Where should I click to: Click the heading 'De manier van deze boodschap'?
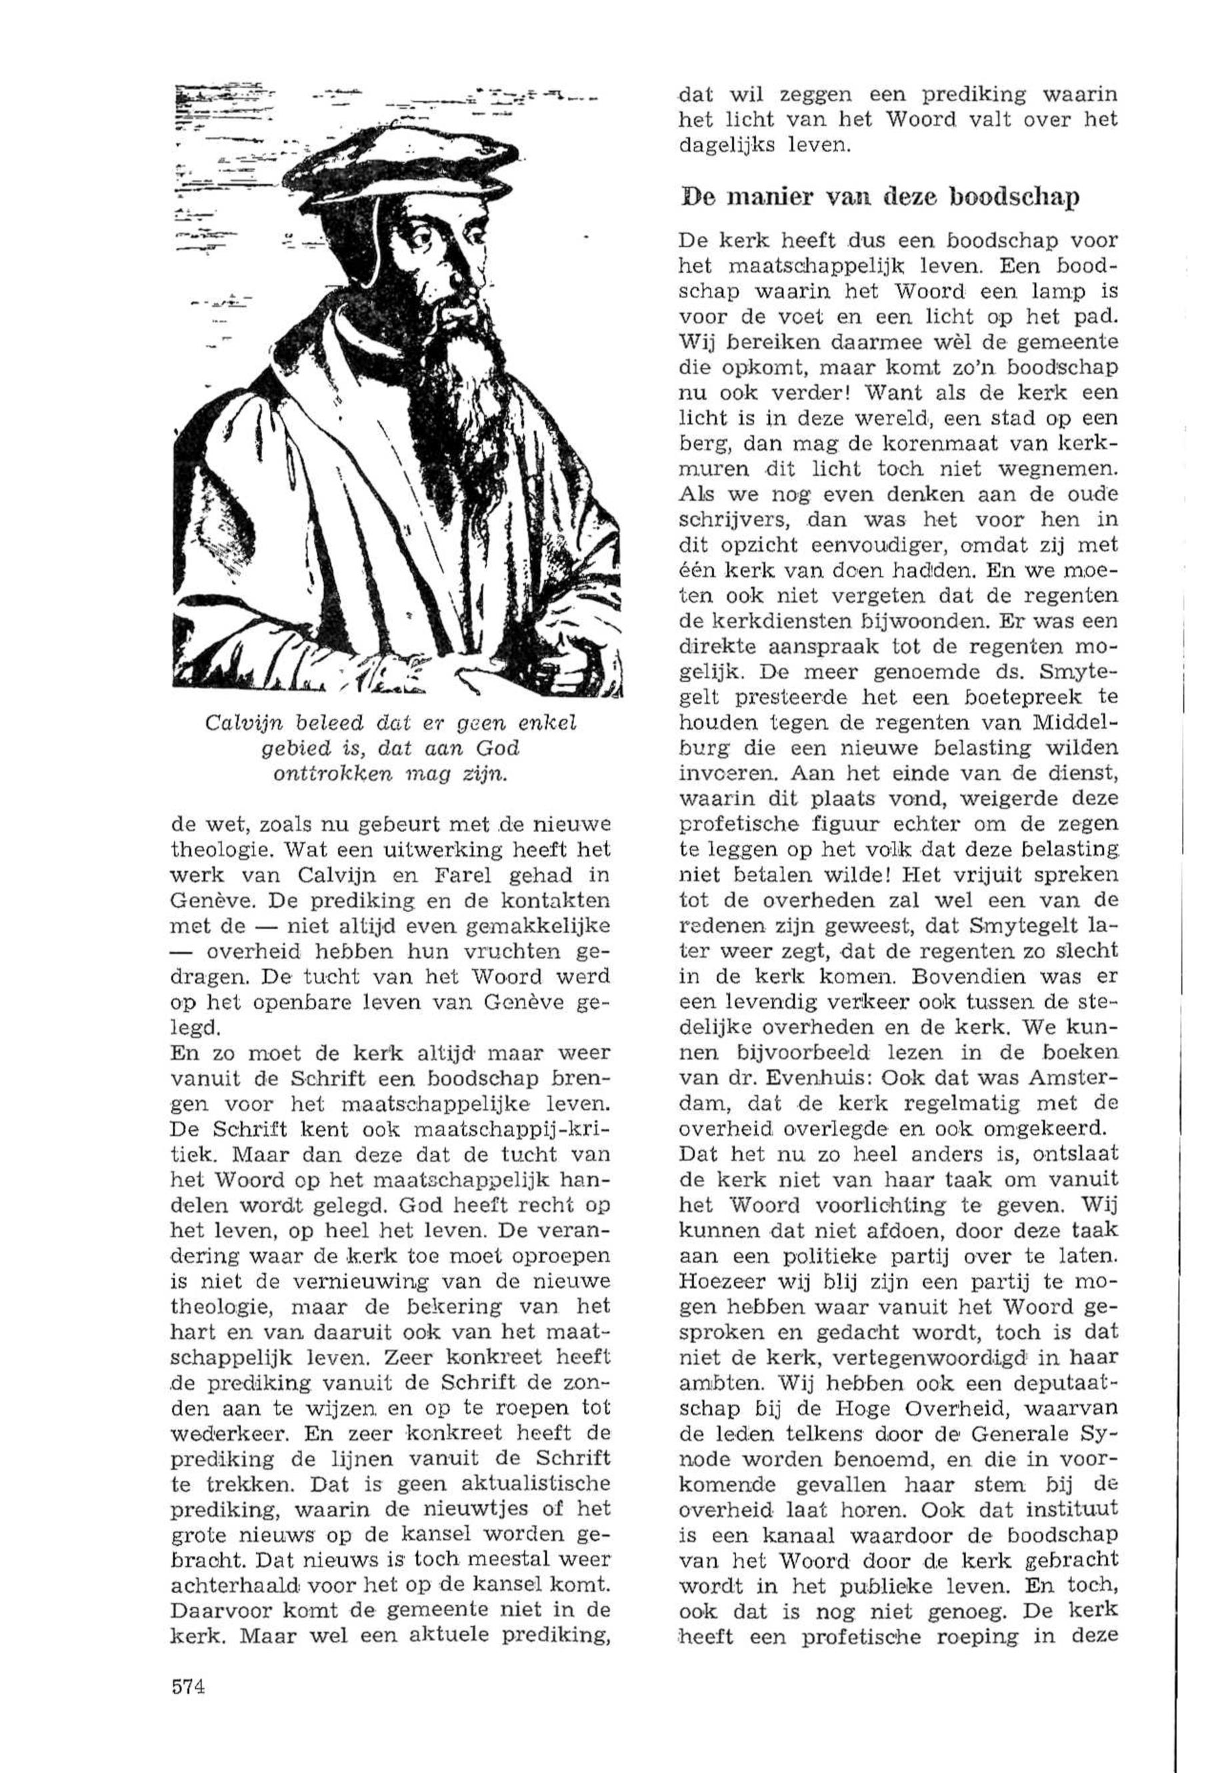point(879,198)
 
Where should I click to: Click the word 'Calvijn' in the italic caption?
point(237,724)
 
